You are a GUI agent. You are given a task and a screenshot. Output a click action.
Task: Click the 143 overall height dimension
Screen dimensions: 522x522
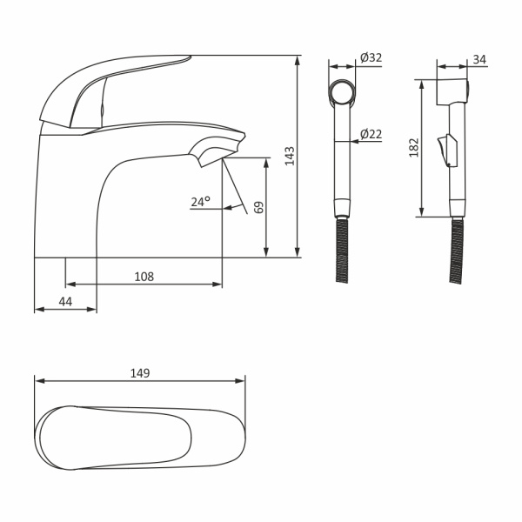click(290, 156)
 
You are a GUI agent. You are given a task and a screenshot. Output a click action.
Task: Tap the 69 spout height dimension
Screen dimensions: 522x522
click(258, 207)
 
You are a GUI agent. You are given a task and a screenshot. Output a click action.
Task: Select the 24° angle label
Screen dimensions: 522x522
click(201, 202)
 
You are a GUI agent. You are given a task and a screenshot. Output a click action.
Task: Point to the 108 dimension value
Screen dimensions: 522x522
click(144, 277)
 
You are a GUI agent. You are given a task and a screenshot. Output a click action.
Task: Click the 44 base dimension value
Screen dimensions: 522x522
click(65, 302)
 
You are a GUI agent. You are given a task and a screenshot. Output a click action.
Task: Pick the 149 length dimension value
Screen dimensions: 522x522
click(140, 373)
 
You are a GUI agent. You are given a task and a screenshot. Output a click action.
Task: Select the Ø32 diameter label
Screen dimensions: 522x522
click(371, 57)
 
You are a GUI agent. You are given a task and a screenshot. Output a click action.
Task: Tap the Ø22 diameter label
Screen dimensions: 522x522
click(371, 134)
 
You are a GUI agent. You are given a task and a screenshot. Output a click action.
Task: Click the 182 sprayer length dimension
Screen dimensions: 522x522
click(413, 148)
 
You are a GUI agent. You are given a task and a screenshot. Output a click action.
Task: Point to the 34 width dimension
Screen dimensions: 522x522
click(479, 59)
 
